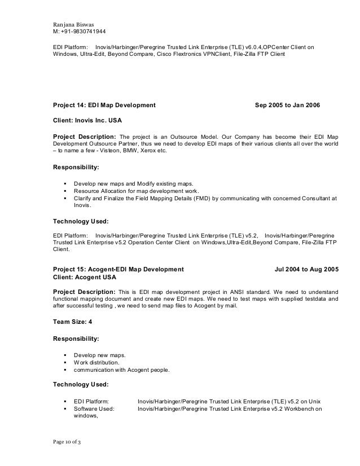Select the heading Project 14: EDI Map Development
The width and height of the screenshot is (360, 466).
104,105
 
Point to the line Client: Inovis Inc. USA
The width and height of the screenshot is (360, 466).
87,121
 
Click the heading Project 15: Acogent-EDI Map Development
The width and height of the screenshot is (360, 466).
118,270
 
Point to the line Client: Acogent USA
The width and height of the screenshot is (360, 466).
85,277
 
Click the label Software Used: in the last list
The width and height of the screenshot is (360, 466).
94,410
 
